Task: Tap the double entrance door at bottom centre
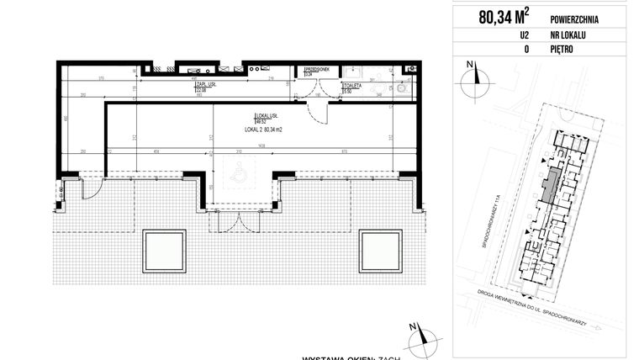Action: click(x=240, y=216)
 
